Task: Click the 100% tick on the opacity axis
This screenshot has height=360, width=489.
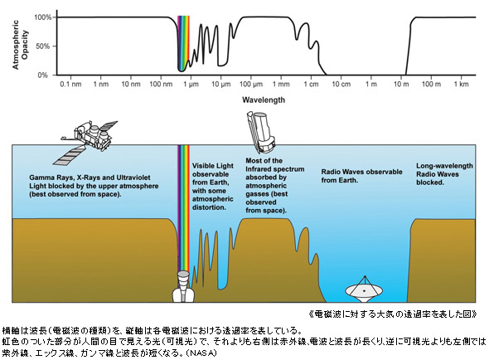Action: [43, 17]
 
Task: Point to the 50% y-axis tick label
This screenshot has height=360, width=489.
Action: [43, 46]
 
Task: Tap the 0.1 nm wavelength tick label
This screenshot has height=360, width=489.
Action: [70, 84]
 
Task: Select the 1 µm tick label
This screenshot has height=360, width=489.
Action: [190, 84]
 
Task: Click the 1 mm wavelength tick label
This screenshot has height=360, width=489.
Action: [281, 84]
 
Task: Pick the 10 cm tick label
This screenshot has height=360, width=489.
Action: [341, 84]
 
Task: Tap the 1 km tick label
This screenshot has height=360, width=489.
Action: [462, 84]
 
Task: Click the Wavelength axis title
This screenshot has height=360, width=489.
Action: [264, 100]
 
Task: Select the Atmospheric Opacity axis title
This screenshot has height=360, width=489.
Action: [20, 45]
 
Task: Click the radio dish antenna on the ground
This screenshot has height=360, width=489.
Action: [364, 289]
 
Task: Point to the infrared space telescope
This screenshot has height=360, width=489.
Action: [261, 133]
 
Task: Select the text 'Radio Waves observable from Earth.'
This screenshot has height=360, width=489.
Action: [361, 176]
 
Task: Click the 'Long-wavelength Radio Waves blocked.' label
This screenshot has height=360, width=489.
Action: [444, 174]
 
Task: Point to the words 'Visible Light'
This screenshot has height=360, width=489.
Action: [213, 166]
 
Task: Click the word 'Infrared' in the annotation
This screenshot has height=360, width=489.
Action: [258, 169]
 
